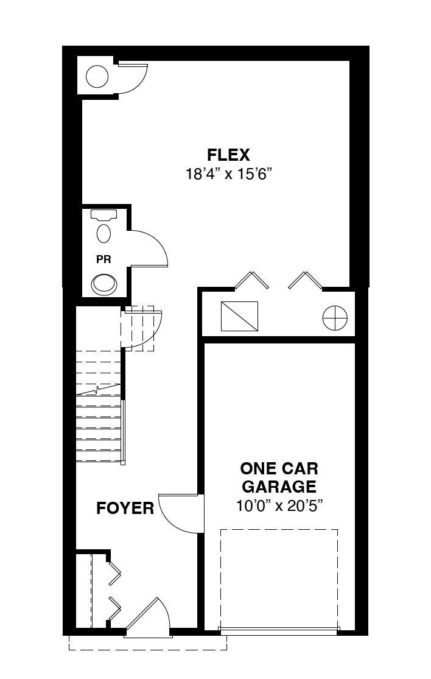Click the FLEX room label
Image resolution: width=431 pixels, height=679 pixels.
tap(228, 155)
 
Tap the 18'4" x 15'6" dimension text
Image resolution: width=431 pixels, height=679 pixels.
tap(228, 174)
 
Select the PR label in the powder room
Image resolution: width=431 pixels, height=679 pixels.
tap(103, 259)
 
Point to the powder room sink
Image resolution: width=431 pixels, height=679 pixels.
tap(104, 284)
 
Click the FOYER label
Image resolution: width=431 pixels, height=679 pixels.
tap(125, 508)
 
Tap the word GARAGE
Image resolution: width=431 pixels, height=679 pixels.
tap(279, 487)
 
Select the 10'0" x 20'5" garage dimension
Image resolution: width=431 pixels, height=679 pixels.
tap(280, 505)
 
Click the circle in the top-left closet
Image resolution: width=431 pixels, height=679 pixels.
tap(97, 77)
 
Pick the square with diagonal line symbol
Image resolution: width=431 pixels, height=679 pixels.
tap(239, 316)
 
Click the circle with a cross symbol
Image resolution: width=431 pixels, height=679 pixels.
tap(335, 318)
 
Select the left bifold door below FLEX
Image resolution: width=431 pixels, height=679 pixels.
tap(251, 280)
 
